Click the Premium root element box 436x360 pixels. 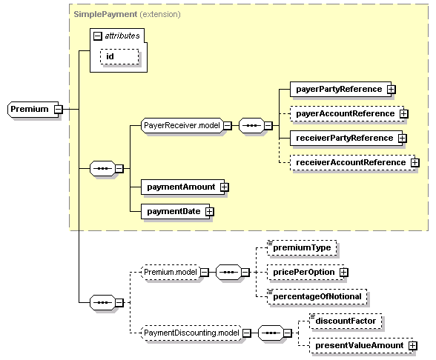[x=30, y=110]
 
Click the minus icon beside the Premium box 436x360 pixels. [x=58, y=110]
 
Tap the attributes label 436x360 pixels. [x=121, y=35]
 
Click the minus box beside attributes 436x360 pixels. [x=96, y=35]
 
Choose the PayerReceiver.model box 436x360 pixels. [x=181, y=126]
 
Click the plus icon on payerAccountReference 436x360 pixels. [x=402, y=113]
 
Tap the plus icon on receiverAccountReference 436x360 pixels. [x=414, y=162]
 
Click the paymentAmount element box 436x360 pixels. [x=179, y=187]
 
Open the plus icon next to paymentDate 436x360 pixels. [x=209, y=211]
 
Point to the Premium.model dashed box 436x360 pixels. [x=169, y=273]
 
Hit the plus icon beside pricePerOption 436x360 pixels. [x=343, y=272]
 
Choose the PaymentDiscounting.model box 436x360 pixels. [x=191, y=333]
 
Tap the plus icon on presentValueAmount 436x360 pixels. [x=412, y=345]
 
